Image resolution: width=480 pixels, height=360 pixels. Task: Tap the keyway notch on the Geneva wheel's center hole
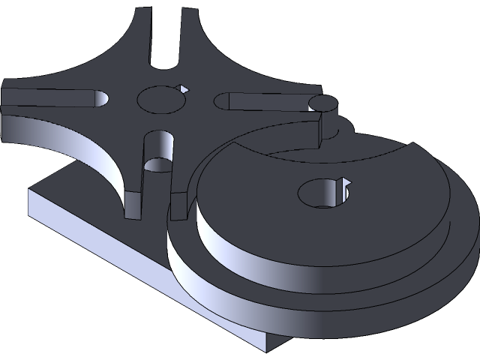[181, 88]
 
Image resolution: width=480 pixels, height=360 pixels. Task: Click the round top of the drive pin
[324, 104]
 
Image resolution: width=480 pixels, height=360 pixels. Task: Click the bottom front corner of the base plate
[271, 345]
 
